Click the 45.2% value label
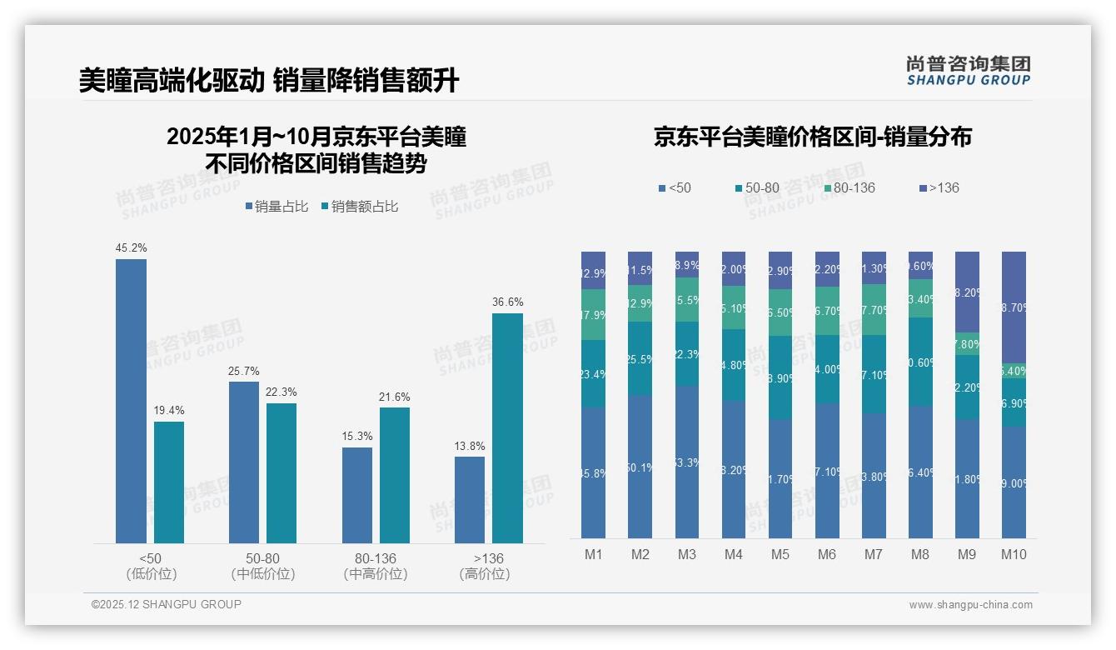[131, 247]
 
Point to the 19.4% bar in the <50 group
[169, 482]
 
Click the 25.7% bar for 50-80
[243, 462]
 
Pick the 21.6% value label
[395, 397]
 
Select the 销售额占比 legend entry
[359, 207]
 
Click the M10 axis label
[1014, 555]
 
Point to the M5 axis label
[780, 555]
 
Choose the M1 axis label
[594, 555]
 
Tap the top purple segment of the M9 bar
[967, 292]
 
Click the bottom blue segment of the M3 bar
[687, 462]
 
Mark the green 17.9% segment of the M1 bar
[594, 315]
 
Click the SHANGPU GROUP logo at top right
[968, 71]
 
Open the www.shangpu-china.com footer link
[970, 605]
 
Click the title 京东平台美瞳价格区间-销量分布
[812, 137]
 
